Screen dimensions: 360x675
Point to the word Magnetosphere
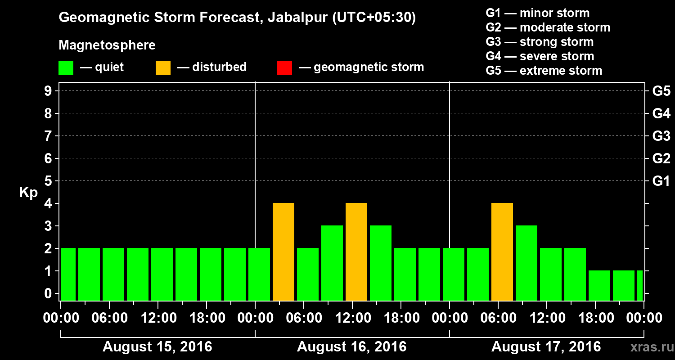[x=107, y=45]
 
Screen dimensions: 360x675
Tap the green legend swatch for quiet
[x=66, y=67]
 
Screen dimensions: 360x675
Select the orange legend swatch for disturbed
[x=163, y=67]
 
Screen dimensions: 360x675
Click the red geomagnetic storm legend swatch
[x=284, y=67]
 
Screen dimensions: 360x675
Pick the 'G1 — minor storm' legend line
[x=537, y=13]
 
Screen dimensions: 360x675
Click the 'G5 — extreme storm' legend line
[x=544, y=71]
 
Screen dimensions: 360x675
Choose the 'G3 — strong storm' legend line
[x=540, y=42]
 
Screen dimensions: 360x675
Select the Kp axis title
[x=28, y=193]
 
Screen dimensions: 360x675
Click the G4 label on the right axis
[x=661, y=114]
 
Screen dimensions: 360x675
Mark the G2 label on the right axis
[x=661, y=159]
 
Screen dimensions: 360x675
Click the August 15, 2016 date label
[x=157, y=347]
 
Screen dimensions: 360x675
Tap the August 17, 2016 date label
[x=546, y=347]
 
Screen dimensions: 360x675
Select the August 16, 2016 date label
[x=351, y=347]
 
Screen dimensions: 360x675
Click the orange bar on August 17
[x=502, y=252]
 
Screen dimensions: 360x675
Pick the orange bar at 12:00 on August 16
[x=356, y=252]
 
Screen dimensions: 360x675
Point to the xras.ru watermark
[x=648, y=347]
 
